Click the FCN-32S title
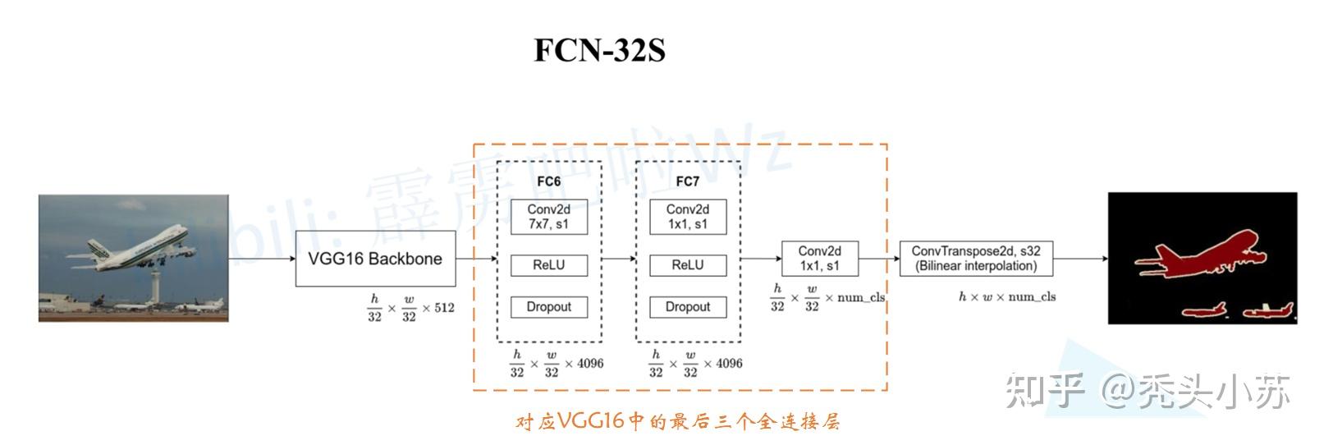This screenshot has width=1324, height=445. click(x=599, y=50)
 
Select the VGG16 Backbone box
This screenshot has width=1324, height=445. click(x=375, y=259)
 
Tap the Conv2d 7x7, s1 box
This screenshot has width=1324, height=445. click(x=548, y=217)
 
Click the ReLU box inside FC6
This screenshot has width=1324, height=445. click(x=548, y=265)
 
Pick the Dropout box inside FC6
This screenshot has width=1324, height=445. click(x=548, y=307)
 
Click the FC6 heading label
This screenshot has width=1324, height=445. click(x=548, y=181)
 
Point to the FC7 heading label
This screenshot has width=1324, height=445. click(x=687, y=181)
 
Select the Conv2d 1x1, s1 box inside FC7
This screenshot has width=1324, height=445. click(x=687, y=217)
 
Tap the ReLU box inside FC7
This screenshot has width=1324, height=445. click(x=687, y=265)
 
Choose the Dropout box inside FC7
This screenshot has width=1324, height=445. click(x=687, y=307)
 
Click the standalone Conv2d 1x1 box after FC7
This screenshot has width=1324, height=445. click(x=819, y=259)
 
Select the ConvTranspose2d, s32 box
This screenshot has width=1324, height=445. click(x=976, y=259)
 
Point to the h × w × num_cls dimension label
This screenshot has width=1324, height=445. click(x=1007, y=296)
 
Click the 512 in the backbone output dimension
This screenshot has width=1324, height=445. click(x=444, y=308)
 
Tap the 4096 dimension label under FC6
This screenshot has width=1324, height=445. click(x=589, y=363)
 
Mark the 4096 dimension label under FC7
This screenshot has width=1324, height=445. click(x=729, y=363)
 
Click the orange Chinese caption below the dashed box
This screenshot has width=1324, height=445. click(x=678, y=422)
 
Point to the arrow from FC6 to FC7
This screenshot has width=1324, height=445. click(x=618, y=259)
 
